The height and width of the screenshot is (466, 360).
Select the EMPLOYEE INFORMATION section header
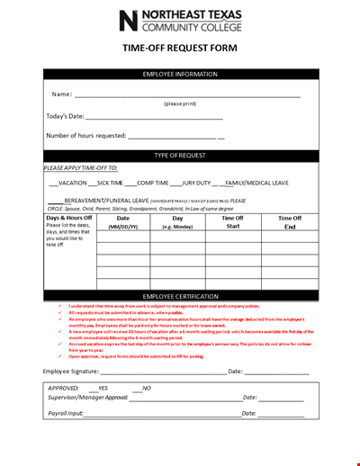180,74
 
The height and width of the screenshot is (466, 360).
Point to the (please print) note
180,103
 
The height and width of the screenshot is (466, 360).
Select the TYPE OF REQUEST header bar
180,156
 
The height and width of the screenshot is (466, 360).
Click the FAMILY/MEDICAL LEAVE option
257,183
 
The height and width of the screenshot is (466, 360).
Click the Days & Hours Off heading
69,218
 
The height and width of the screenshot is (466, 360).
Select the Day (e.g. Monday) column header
177,222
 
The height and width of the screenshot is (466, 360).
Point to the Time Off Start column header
232,222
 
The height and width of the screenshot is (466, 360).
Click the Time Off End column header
289,222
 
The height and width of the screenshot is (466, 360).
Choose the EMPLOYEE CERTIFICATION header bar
180,296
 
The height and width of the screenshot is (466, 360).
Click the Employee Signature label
71,371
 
